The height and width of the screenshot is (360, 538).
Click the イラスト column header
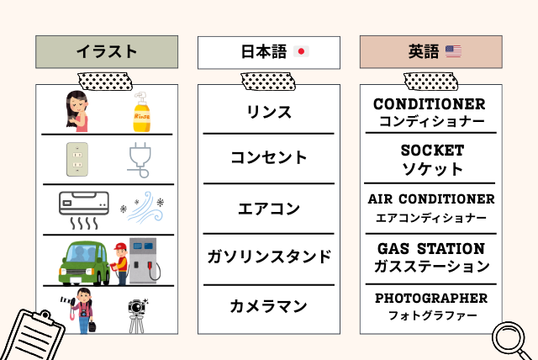point(107,52)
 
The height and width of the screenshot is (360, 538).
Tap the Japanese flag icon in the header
point(302,52)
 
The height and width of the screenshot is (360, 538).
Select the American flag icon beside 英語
point(453,52)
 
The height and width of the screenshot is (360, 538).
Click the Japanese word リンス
point(269,112)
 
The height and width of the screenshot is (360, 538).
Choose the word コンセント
point(269,157)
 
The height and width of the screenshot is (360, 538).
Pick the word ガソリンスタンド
point(269,257)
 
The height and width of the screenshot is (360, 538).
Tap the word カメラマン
point(269,306)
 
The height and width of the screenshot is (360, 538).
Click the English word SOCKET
point(432,151)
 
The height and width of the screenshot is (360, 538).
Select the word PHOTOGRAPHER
point(431,298)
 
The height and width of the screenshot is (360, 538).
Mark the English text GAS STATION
point(431,249)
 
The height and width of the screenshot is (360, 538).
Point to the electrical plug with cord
point(139,161)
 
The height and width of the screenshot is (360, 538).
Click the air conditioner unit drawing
point(83,204)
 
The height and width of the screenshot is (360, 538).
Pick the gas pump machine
point(144,260)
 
